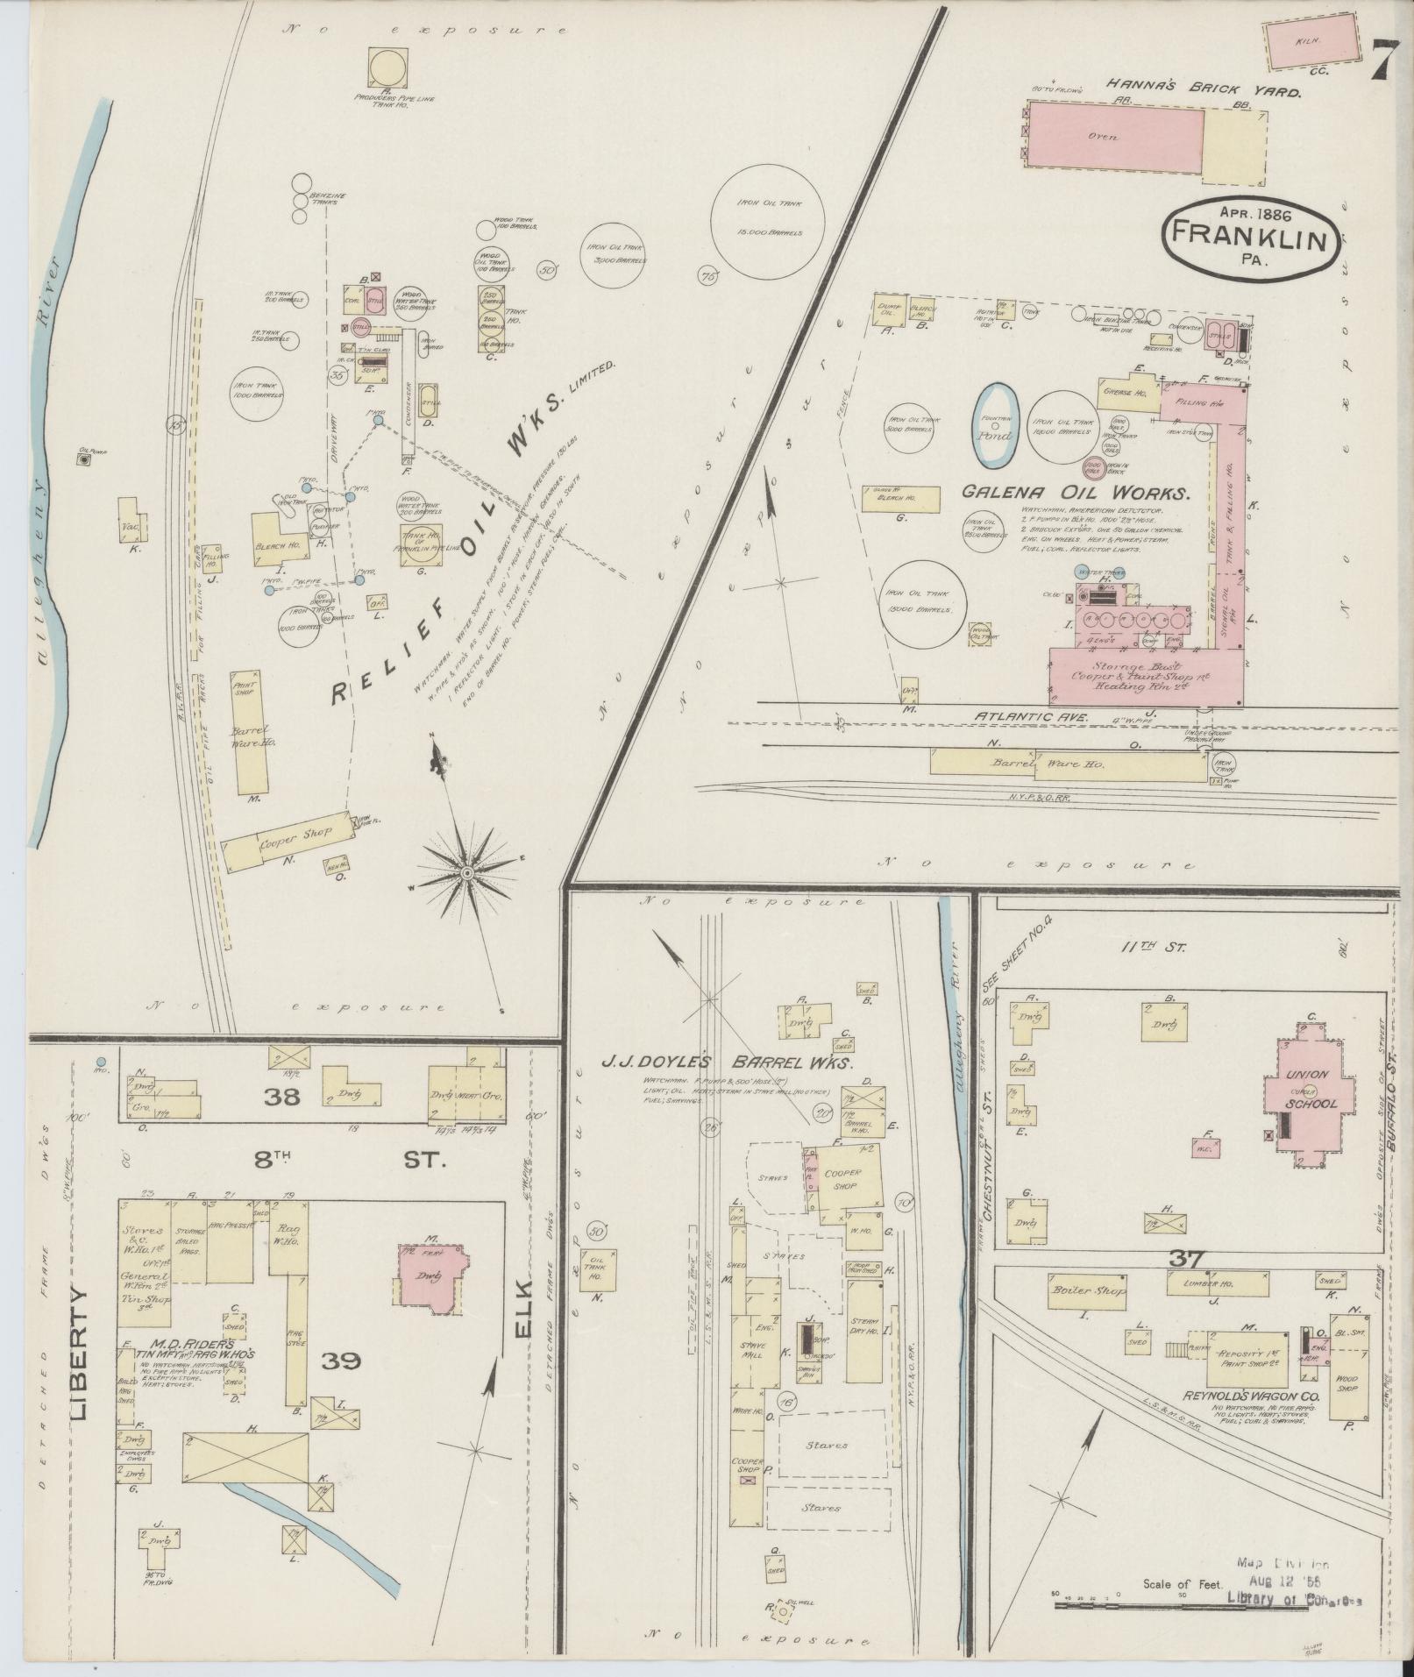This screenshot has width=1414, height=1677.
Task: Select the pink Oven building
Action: pos(1114,136)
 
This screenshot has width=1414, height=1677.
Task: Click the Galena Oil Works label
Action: pos(1076,494)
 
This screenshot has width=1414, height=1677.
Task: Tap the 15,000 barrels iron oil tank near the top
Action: pos(768,217)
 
